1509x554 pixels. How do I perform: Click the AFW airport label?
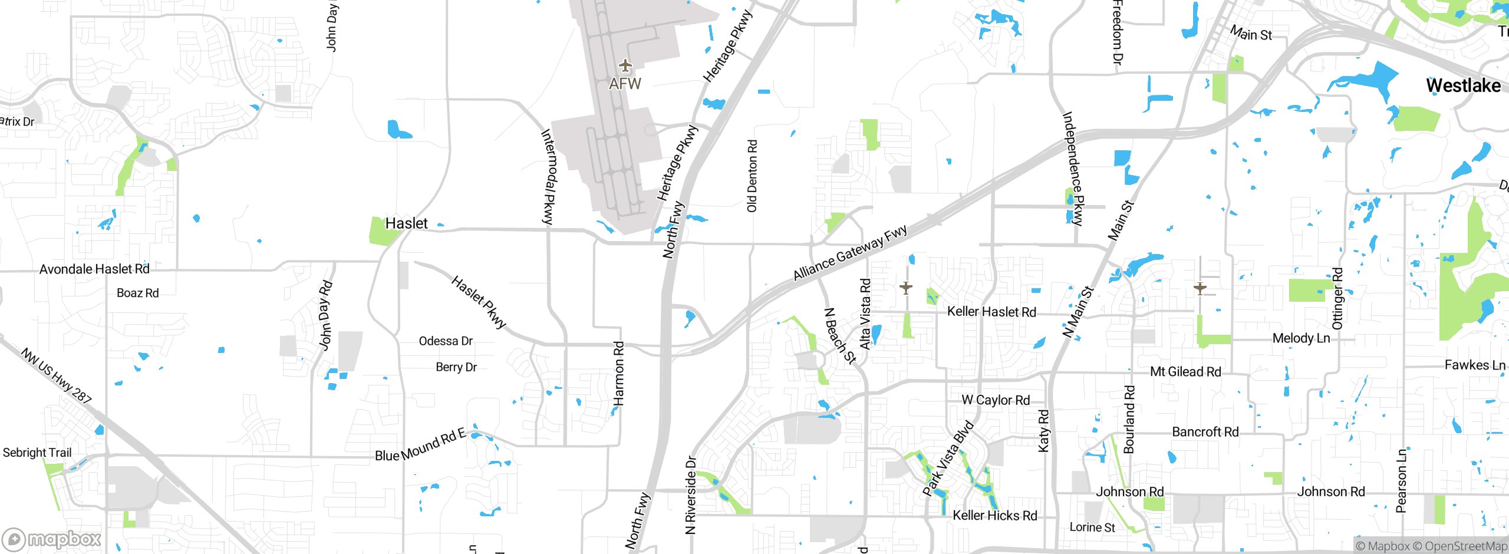(625, 84)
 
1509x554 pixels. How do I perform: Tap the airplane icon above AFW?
(625, 66)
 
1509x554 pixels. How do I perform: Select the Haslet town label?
(406, 223)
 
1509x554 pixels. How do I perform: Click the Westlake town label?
(1463, 86)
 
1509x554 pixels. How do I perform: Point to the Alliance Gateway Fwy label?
(850, 253)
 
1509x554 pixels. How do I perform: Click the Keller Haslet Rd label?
(991, 312)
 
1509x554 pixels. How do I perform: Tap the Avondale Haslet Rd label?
(94, 269)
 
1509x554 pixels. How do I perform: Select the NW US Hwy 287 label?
(57, 376)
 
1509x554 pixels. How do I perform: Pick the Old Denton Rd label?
(752, 176)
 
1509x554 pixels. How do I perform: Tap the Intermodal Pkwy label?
(548, 177)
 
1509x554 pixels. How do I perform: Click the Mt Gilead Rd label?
(1185, 372)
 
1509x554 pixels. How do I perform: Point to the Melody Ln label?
(1301, 338)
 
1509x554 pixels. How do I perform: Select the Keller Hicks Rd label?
(995, 516)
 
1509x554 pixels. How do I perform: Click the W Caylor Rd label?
(996, 400)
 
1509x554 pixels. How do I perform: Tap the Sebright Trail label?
(37, 453)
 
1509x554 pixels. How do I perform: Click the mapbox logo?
(52, 539)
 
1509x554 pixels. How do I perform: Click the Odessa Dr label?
(446, 341)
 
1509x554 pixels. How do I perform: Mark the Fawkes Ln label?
(1475, 365)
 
